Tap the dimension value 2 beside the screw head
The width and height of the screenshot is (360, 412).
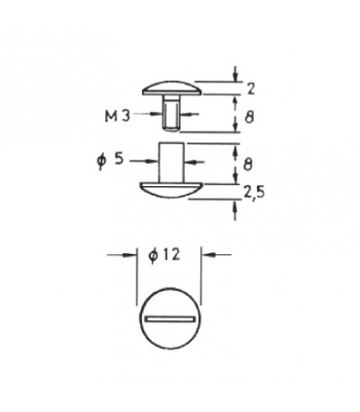click(251, 89)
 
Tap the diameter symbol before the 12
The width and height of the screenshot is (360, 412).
click(154, 255)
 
